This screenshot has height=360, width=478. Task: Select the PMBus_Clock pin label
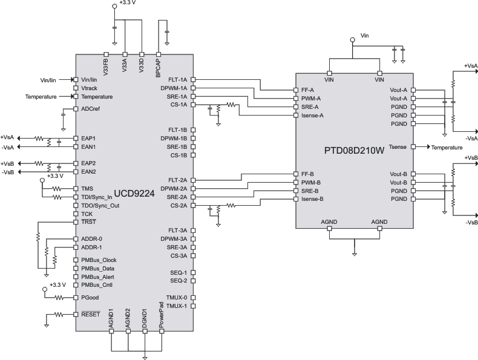(x=98, y=260)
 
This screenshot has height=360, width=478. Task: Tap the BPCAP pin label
(x=159, y=65)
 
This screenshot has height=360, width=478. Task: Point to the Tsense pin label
(x=398, y=147)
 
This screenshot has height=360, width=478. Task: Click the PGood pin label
(x=90, y=298)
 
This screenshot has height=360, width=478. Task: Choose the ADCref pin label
(x=91, y=109)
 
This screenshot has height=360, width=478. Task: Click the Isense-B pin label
(x=312, y=199)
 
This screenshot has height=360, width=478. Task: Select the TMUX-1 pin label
(x=177, y=306)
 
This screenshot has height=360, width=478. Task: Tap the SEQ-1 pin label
(x=178, y=272)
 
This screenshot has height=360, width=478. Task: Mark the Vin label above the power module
(x=364, y=35)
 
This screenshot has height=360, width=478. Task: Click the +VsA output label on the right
(x=470, y=65)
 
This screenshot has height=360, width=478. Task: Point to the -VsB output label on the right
(x=470, y=222)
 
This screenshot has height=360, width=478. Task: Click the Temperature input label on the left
(x=41, y=97)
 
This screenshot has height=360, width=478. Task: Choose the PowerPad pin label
(x=162, y=318)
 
